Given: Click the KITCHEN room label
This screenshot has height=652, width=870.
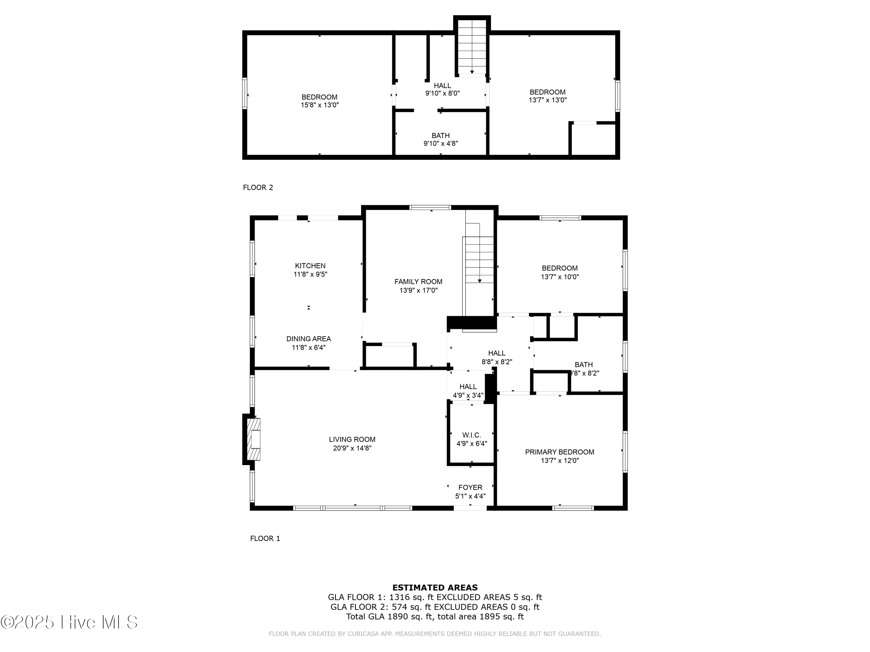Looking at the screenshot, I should pyautogui.click(x=310, y=266).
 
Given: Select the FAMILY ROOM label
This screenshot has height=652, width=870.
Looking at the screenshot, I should pyautogui.click(x=418, y=281).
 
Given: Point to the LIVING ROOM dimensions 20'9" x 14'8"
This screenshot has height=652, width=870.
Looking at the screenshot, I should pyautogui.click(x=352, y=448).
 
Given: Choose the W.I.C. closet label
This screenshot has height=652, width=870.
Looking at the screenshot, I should pyautogui.click(x=472, y=435).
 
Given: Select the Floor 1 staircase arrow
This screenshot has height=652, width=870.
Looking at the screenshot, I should pyautogui.click(x=479, y=280).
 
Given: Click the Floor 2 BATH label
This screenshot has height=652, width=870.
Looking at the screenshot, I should pyautogui.click(x=441, y=135).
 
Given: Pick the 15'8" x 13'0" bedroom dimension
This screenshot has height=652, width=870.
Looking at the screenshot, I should pyautogui.click(x=319, y=105).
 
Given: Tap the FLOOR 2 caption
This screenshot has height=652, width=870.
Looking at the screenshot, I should pyautogui.click(x=258, y=187).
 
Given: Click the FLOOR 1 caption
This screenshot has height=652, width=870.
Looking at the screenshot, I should pyautogui.click(x=265, y=538).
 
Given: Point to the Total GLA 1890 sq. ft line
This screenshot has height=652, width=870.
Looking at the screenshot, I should pyautogui.click(x=435, y=616).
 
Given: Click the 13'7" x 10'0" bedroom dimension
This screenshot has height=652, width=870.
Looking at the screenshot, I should pyautogui.click(x=559, y=277).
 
